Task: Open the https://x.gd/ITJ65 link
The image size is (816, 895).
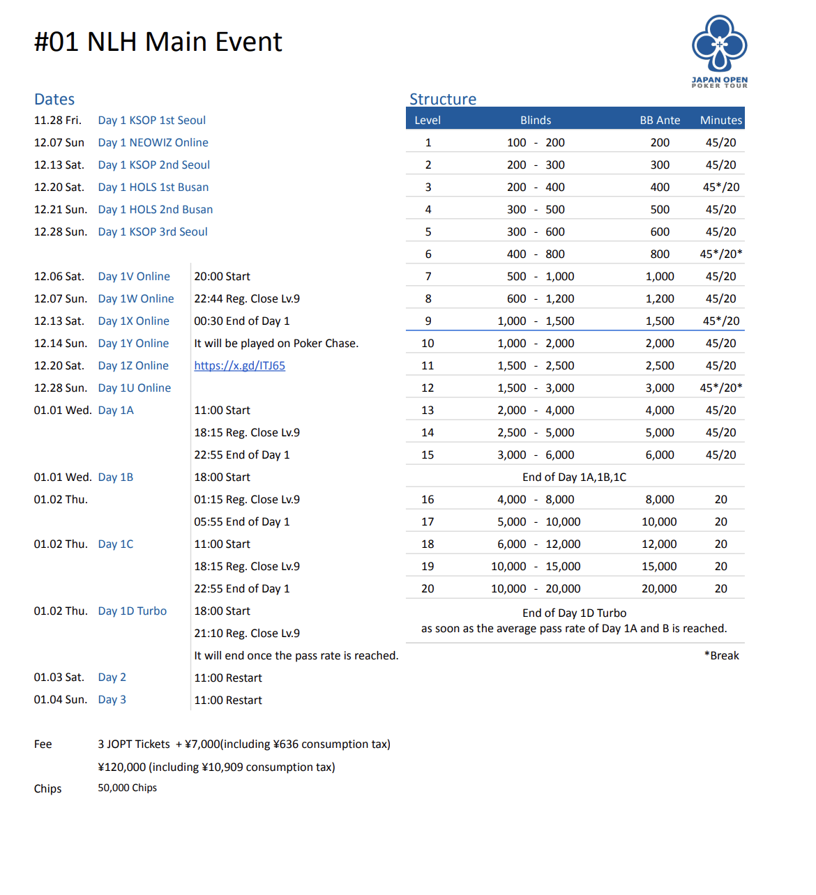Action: [x=239, y=365]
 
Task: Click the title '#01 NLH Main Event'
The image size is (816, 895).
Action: [x=158, y=42]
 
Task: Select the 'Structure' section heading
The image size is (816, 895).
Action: [x=443, y=99]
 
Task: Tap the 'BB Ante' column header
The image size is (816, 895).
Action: [x=660, y=120]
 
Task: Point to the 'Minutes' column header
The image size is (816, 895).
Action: [x=721, y=120]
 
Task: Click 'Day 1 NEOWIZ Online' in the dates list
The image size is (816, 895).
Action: [x=153, y=142]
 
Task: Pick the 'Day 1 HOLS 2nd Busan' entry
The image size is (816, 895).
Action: [x=155, y=209]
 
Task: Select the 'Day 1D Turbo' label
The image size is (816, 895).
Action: [x=132, y=611]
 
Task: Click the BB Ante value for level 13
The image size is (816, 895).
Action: [x=660, y=410]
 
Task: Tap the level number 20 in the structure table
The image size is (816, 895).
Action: [x=428, y=588]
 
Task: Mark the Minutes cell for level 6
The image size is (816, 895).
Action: [x=721, y=254]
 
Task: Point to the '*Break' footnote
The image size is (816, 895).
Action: [x=721, y=655]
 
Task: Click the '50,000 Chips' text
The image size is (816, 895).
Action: [x=127, y=788]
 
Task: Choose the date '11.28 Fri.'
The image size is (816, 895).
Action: [x=57, y=120]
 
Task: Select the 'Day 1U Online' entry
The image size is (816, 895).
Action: [x=134, y=388]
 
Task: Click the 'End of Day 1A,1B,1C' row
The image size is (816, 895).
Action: [x=574, y=477]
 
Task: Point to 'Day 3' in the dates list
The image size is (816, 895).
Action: [x=112, y=699]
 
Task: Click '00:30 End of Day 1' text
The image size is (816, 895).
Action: [x=241, y=321]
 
